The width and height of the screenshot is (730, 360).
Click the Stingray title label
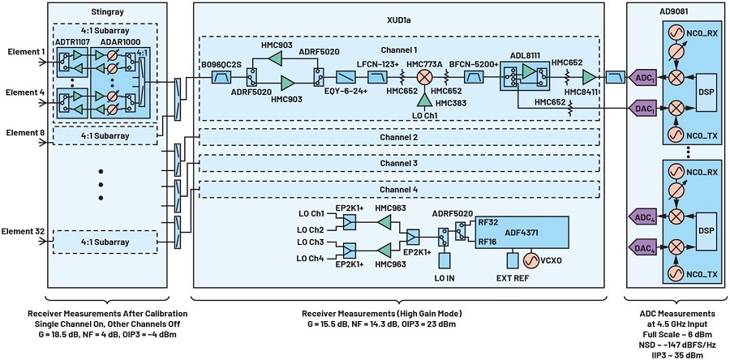101,13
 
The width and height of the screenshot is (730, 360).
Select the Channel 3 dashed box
399,164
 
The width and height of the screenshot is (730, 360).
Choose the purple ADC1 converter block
621,79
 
